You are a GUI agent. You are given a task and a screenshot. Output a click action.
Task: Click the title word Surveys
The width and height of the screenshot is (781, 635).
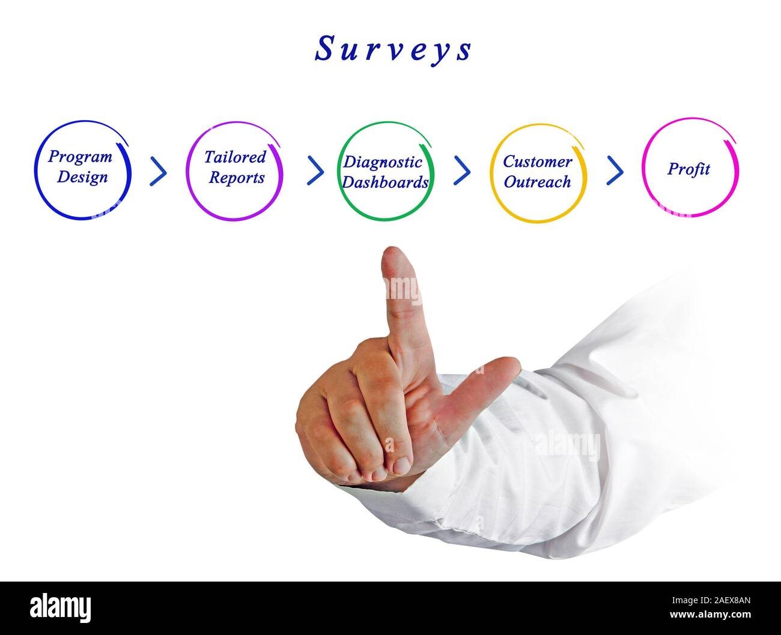click(x=394, y=49)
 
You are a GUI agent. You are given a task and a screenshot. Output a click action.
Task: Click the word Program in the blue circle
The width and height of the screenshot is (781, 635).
click(x=81, y=157)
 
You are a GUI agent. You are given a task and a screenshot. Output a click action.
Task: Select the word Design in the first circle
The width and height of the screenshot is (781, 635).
click(x=82, y=178)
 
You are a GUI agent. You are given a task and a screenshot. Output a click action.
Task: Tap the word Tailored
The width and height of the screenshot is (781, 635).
click(x=234, y=157)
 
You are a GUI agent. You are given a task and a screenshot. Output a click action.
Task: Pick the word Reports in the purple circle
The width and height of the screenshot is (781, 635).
click(x=237, y=178)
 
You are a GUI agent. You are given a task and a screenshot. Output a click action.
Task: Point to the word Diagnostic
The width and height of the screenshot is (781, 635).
click(x=383, y=162)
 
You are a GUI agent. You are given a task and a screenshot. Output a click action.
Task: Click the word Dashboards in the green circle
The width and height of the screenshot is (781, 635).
click(x=385, y=182)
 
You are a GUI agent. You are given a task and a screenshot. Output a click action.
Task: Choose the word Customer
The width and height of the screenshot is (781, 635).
click(x=537, y=161)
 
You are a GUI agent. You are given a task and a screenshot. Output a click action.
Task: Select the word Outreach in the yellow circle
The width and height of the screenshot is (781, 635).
click(x=537, y=182)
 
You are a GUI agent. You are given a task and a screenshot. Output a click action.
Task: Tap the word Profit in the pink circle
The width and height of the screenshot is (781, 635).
click(x=688, y=169)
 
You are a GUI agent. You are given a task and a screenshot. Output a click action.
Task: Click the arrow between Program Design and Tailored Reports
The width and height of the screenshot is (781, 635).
click(x=158, y=172)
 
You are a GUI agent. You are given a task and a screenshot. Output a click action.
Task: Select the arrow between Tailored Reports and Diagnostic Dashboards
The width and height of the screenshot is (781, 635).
click(x=315, y=170)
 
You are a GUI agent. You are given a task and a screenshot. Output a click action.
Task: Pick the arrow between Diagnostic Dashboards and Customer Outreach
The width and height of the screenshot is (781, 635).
click(x=461, y=170)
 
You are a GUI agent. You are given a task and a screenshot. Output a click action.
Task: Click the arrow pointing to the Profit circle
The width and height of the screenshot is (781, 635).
click(x=615, y=170)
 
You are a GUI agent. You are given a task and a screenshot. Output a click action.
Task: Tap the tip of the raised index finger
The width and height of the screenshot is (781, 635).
click(x=397, y=255)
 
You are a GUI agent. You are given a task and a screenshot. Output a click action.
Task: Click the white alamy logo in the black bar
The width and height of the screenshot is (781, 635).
click(x=61, y=607)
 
